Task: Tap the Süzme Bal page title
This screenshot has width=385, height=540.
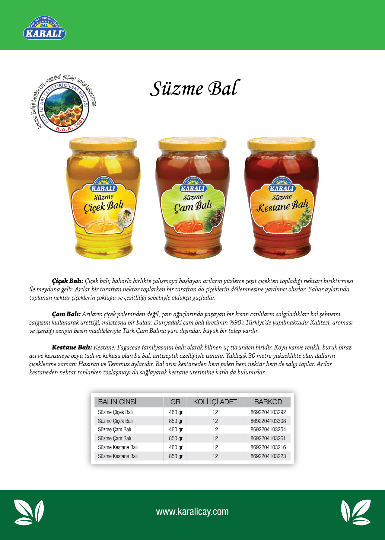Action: click(195, 88)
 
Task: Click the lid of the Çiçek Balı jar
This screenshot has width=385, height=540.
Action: click(103, 144)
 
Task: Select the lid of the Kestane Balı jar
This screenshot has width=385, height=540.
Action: click(281, 144)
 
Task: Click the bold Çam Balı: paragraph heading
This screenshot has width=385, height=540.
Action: click(66, 314)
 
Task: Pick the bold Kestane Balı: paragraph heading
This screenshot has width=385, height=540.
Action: click(72, 347)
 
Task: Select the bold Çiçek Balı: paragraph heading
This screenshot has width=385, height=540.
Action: click(68, 281)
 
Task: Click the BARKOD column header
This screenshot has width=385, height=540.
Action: click(268, 402)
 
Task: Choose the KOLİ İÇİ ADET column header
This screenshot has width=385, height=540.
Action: click(215, 402)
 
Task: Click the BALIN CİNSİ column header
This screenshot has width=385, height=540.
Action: click(117, 402)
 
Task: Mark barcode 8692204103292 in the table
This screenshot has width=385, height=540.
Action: click(268, 412)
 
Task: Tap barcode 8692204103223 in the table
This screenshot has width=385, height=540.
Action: click(268, 456)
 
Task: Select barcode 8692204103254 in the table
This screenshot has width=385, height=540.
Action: click(268, 430)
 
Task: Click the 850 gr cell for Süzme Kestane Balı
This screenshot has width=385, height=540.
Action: click(176, 456)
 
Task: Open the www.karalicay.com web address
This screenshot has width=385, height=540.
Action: click(192, 512)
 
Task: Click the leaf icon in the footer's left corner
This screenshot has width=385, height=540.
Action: click(29, 512)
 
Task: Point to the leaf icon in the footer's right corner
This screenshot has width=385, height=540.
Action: click(356, 512)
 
